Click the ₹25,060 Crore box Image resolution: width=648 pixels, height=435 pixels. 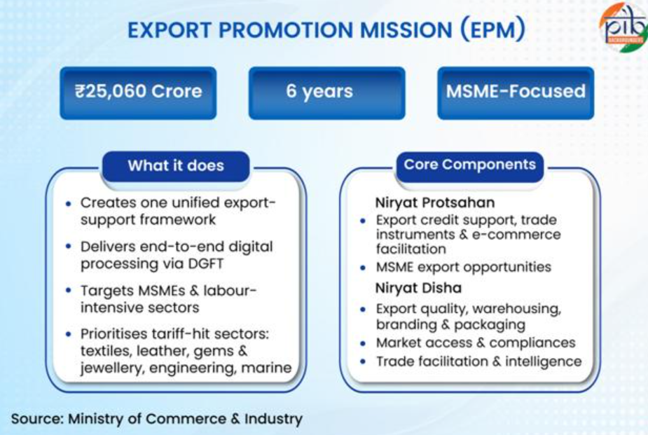138,92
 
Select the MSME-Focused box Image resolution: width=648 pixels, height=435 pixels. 516,92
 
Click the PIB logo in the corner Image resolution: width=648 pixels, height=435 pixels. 623,26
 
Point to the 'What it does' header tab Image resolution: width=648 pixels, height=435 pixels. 176,166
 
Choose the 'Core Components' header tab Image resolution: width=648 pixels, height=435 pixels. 469,165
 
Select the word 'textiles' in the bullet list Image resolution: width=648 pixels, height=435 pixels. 108,351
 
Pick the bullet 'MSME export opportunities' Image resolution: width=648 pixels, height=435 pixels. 464,267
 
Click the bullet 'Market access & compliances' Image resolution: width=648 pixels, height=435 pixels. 476,343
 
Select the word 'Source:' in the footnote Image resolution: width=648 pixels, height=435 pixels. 37,419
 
